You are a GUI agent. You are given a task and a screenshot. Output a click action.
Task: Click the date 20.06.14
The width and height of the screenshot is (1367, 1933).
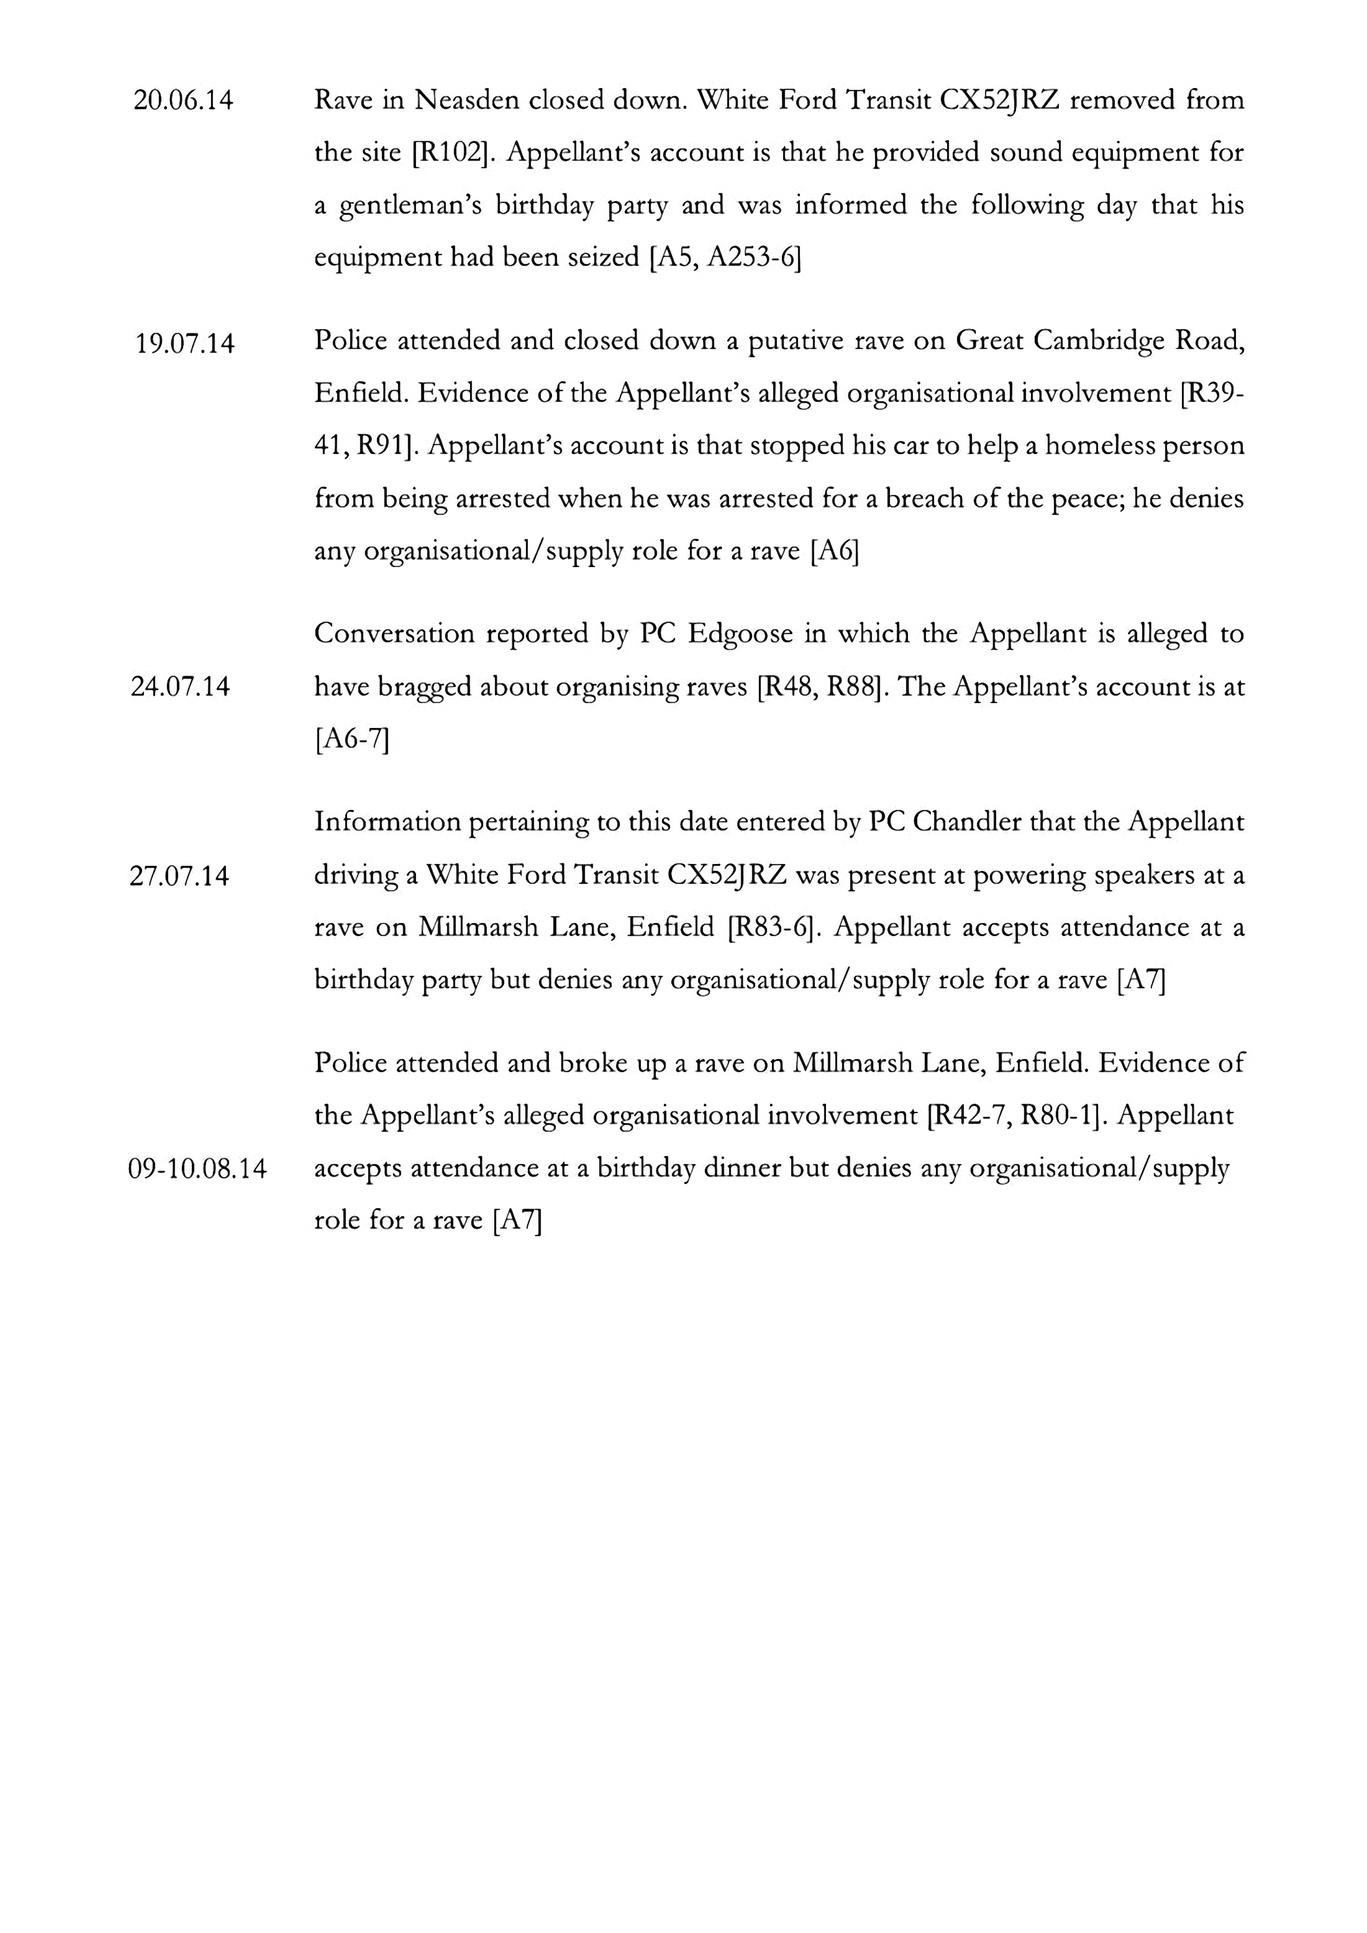(183, 101)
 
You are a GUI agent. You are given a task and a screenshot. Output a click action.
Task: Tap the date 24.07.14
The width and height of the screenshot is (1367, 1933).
(180, 687)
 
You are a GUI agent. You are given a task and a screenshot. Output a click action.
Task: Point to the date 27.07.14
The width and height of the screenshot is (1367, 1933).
(179, 877)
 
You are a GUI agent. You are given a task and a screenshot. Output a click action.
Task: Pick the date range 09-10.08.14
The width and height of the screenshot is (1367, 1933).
(197, 1169)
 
